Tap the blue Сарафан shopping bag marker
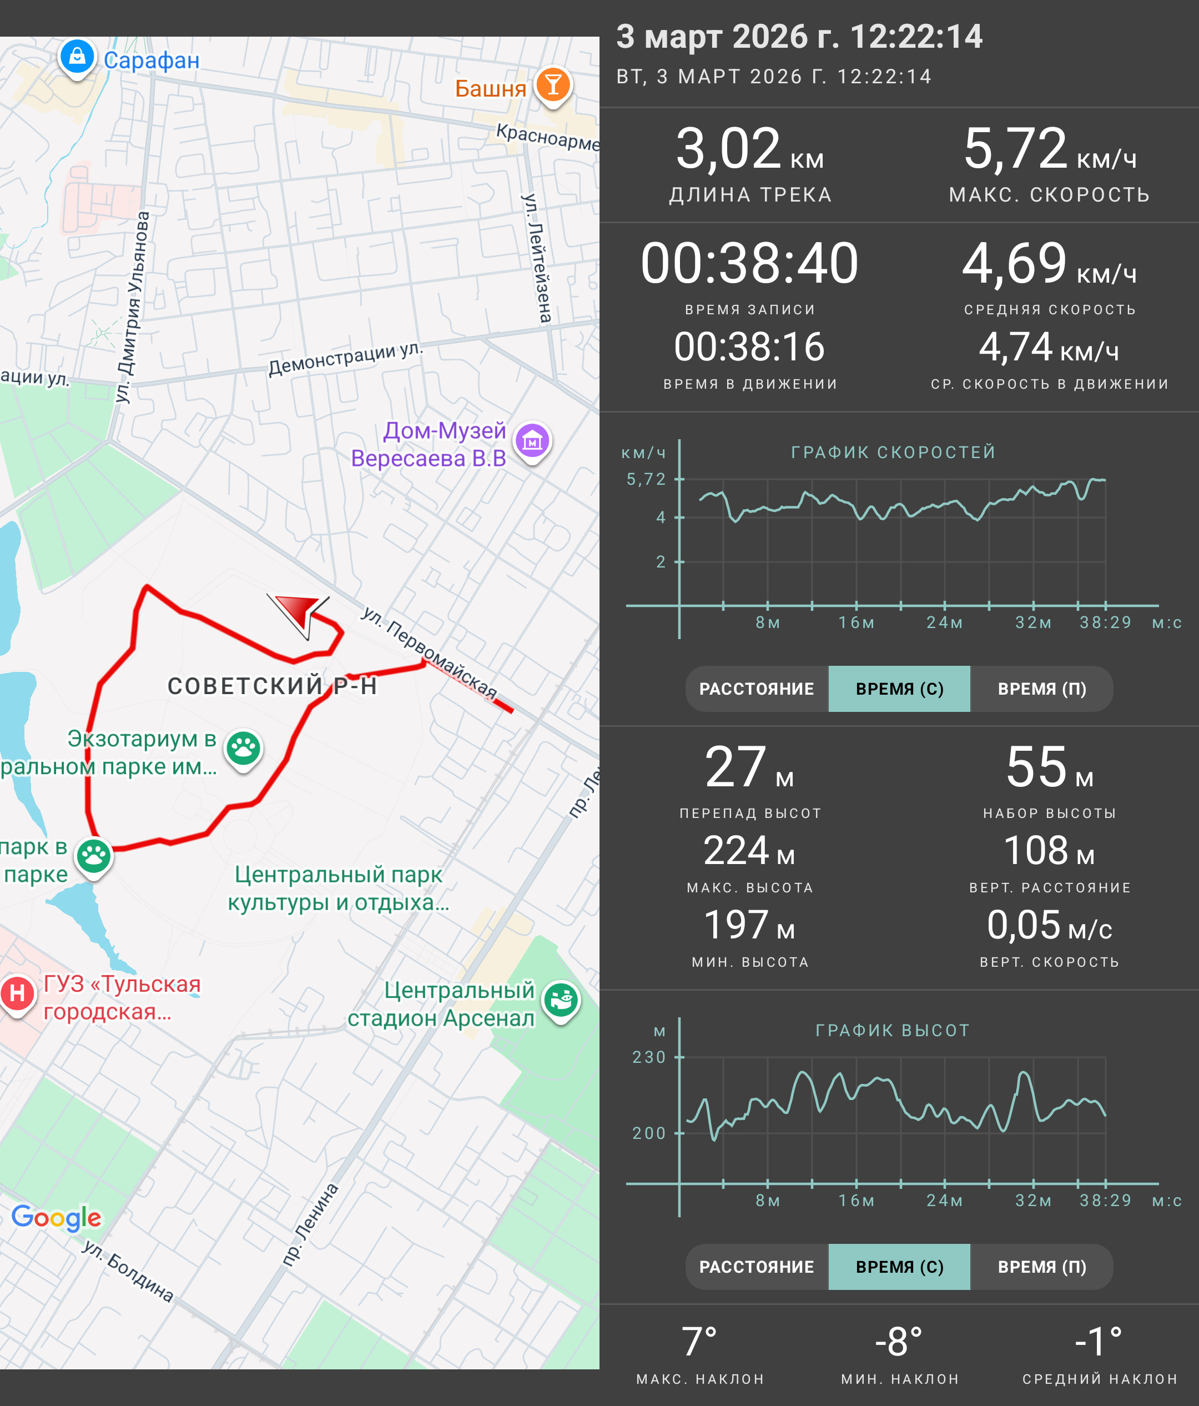[x=77, y=58]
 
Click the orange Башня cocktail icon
[x=553, y=86]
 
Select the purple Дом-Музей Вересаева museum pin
[x=532, y=442]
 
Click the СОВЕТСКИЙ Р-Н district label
[x=272, y=686]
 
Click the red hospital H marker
[x=18, y=994]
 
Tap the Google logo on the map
[x=56, y=1219]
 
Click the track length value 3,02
[x=728, y=149]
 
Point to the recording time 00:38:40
[x=749, y=263]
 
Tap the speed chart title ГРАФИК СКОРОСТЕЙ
[x=893, y=452]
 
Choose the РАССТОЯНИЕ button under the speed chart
[x=757, y=689]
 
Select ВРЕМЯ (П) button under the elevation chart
[x=1042, y=1267]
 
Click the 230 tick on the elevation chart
[x=649, y=1057]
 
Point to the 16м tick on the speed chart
[x=856, y=622]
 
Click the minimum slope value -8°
[x=899, y=1342]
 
